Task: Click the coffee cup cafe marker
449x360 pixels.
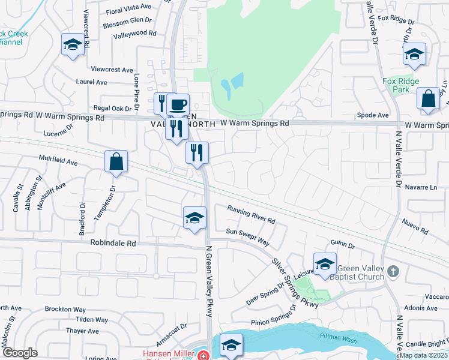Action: tap(178, 104)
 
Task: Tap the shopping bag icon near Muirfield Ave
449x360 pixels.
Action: tap(116, 161)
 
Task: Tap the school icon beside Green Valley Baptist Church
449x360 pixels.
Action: tap(325, 263)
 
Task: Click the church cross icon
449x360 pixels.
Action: tap(393, 271)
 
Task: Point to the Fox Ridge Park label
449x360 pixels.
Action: tap(401, 85)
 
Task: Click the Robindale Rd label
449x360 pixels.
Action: tap(113, 244)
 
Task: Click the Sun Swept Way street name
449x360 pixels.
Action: tap(247, 236)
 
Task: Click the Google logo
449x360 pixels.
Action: tap(20, 353)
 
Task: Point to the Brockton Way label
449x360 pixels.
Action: tap(65, 309)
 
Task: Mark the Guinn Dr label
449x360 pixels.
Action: tap(342, 245)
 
